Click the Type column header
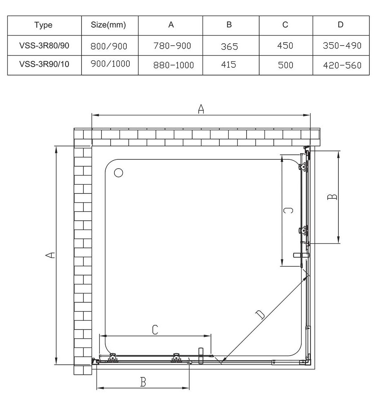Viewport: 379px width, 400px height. (x=43, y=25)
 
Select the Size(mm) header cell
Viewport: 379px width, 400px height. (x=109, y=25)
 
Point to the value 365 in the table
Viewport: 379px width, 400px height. (x=229, y=46)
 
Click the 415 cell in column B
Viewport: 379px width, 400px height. (x=229, y=65)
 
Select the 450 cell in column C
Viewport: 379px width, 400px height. (x=285, y=46)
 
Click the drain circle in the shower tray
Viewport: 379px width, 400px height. (x=119, y=173)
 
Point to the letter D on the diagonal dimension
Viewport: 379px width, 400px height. (x=260, y=315)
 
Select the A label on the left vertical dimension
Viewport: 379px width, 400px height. (x=49, y=255)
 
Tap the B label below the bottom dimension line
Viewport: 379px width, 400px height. (x=143, y=382)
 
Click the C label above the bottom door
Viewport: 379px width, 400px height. (x=155, y=330)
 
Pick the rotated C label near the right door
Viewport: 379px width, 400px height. (x=288, y=211)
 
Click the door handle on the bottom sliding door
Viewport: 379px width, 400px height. (x=200, y=354)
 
